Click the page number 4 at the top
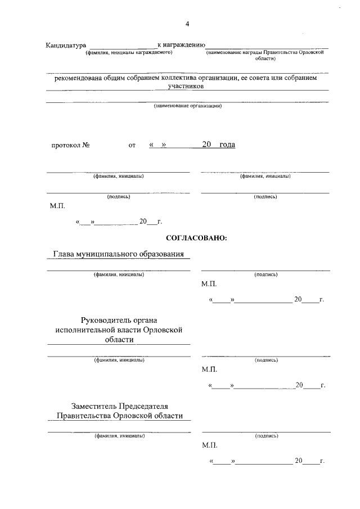[x=187, y=24]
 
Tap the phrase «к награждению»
[x=181, y=44]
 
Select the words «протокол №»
[x=71, y=145]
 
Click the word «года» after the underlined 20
[x=227, y=145]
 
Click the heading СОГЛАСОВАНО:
[x=196, y=238]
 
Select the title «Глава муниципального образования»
[x=118, y=254]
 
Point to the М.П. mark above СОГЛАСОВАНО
[x=57, y=206]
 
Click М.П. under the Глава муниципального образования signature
[x=209, y=285]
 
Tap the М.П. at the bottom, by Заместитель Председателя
[x=209, y=445]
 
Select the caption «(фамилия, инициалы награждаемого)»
[x=128, y=52]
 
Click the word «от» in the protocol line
[x=132, y=145]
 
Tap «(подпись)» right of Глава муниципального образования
[x=265, y=274]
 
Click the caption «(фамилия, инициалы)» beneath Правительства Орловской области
[x=119, y=436]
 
